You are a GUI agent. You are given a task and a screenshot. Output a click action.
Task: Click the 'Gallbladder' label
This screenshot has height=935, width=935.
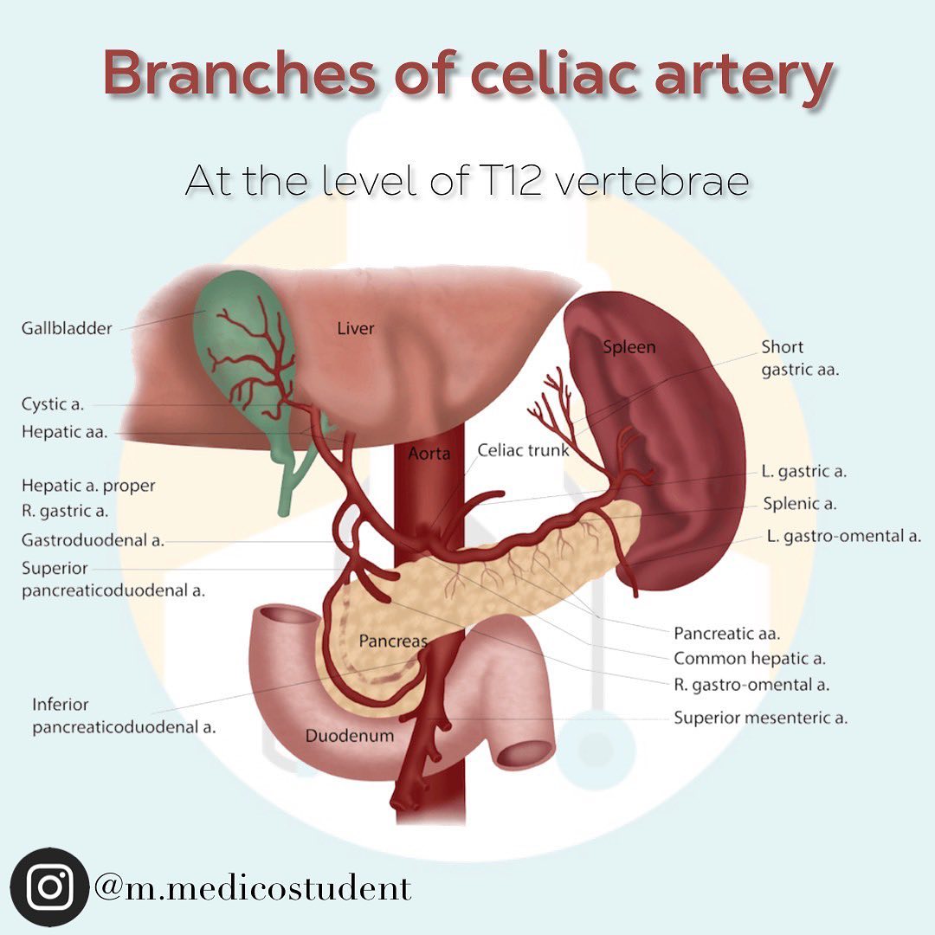click(67, 329)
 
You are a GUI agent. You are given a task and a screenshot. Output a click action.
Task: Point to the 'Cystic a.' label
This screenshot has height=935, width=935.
click(53, 404)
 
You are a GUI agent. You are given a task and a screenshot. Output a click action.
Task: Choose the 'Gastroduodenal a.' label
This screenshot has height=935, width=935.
click(93, 540)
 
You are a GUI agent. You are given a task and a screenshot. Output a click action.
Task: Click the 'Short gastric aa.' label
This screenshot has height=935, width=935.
click(800, 358)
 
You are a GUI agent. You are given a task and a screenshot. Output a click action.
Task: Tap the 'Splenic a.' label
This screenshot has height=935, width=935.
click(800, 504)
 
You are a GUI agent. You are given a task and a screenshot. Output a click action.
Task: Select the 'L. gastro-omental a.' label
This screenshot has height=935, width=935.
click(844, 536)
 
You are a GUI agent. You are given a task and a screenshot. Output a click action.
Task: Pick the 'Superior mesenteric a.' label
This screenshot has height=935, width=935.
click(760, 718)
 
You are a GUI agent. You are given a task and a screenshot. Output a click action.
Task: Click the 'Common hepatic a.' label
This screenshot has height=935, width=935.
click(750, 658)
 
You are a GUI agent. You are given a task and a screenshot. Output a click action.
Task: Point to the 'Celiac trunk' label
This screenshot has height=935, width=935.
click(523, 450)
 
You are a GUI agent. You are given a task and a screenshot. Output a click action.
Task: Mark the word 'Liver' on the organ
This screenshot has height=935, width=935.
click(356, 328)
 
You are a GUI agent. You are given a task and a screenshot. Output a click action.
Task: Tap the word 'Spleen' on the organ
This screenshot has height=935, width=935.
click(629, 347)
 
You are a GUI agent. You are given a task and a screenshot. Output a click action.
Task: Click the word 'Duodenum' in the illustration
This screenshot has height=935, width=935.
click(350, 735)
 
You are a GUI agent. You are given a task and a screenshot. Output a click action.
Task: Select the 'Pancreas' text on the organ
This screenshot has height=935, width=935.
click(394, 641)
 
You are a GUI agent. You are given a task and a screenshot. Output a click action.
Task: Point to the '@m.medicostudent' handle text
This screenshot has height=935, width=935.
click(253, 888)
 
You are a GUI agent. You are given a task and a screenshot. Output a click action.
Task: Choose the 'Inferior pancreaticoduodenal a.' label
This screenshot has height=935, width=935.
click(124, 716)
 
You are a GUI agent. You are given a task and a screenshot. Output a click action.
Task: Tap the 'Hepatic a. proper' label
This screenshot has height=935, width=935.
click(88, 486)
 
